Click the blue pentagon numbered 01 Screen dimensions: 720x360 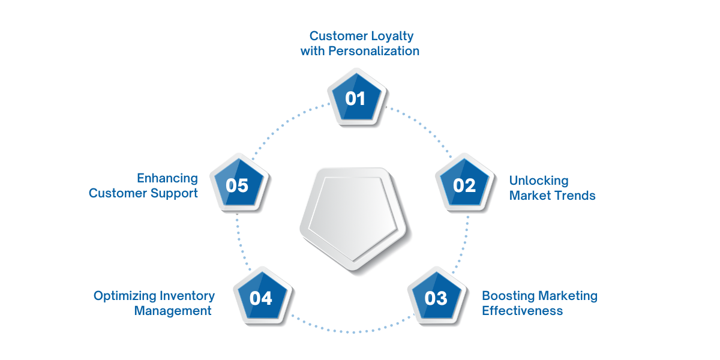click(x=356, y=97)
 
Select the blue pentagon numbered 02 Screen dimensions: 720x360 click(x=464, y=183)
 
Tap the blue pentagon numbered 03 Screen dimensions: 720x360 click(x=437, y=296)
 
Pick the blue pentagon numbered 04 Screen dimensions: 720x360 click(x=262, y=296)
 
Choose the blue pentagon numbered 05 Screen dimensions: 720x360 click(x=239, y=183)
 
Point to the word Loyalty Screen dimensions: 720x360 click(x=392, y=37)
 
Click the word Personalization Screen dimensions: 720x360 click(x=374, y=51)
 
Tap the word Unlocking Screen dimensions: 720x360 click(x=539, y=181)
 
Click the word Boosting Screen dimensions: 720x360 click(x=508, y=296)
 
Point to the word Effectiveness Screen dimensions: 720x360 click(x=523, y=311)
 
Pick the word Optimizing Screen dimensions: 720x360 click(x=125, y=296)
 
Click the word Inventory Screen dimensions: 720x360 click(x=187, y=296)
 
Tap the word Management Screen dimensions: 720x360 click(x=173, y=311)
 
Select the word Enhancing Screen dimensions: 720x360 click(x=167, y=178)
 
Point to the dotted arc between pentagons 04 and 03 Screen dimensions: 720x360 click(x=353, y=332)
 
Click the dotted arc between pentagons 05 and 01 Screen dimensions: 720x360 click(x=286, y=124)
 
